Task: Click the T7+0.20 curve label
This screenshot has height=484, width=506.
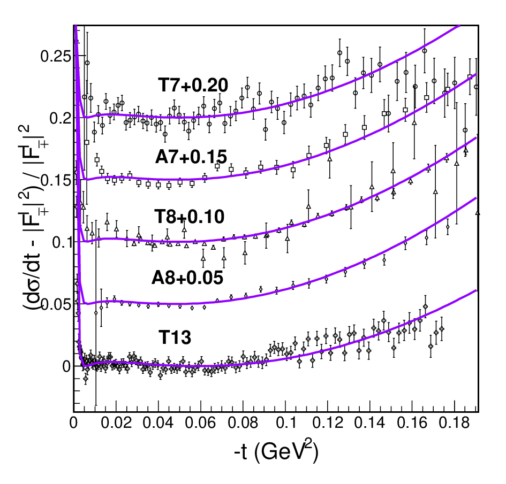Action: (x=193, y=86)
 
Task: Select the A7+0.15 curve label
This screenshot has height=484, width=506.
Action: (x=191, y=157)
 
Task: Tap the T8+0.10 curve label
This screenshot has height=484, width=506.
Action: (x=189, y=216)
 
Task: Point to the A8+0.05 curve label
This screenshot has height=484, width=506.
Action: (x=187, y=278)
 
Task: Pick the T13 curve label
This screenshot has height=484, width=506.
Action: (x=175, y=337)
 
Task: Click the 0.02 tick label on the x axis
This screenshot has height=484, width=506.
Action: (x=116, y=423)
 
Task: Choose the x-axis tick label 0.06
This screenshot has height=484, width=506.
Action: (x=201, y=423)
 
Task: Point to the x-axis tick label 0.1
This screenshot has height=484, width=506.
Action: (x=286, y=423)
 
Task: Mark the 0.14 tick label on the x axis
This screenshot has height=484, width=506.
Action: (x=370, y=423)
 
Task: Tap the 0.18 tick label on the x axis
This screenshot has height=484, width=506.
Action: (x=454, y=423)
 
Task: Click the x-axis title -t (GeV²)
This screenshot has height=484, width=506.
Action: (x=276, y=451)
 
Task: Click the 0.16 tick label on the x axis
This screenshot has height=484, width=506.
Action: (x=412, y=423)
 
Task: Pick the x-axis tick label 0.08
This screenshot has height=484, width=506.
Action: (x=243, y=423)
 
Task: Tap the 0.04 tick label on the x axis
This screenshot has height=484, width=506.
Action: (x=158, y=423)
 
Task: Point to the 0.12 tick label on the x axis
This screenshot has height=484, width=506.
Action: (x=328, y=423)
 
